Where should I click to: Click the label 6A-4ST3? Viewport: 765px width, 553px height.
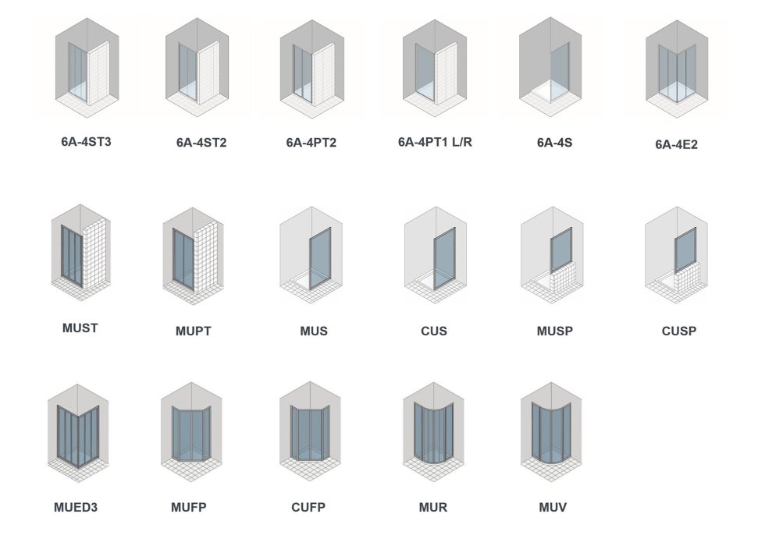pos(86,142)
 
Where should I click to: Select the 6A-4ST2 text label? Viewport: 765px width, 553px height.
pos(201,143)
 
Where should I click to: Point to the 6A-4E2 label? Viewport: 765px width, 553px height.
pos(676,144)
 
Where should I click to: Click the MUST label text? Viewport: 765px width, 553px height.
pos(80,328)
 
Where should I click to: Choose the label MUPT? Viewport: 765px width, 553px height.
pos(193,331)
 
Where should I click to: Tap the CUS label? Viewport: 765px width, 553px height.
pos(433,331)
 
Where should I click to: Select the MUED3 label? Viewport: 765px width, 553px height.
pos(76,508)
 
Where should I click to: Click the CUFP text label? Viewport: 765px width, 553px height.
pos(308,508)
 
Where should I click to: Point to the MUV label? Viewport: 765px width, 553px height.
pos(553,508)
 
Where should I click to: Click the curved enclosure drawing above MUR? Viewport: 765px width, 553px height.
pos(434,433)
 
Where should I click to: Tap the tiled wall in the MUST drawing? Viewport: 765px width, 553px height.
pos(94,250)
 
